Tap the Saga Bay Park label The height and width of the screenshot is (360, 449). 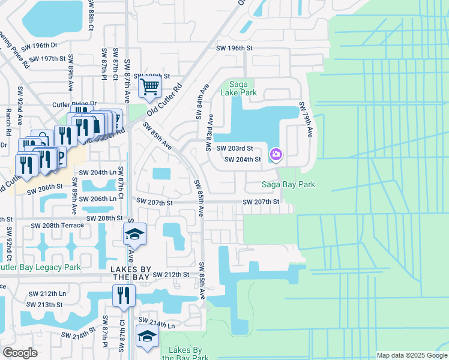(288, 184)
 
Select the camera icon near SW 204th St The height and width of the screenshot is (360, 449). (276, 155)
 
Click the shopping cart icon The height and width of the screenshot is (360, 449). (149, 88)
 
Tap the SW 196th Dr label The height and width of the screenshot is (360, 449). (38, 46)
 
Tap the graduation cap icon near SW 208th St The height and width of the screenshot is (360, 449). (134, 234)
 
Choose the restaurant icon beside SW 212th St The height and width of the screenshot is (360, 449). (124, 296)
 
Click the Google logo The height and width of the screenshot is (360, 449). (20, 353)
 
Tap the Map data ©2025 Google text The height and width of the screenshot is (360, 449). (411, 355)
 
